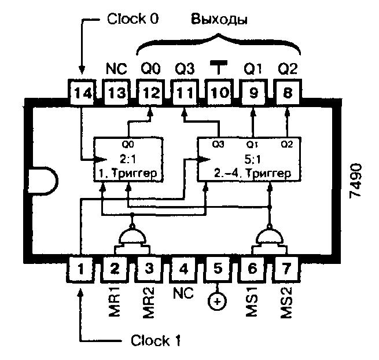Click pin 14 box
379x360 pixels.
click(82, 92)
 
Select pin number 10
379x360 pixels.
click(219, 92)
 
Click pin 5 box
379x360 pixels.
click(218, 269)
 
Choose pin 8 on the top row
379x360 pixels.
click(288, 92)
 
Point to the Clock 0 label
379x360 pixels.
click(133, 19)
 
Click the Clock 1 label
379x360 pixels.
click(156, 340)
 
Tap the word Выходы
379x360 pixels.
click(219, 20)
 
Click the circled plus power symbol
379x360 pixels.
click(218, 302)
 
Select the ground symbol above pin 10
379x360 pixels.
click(219, 67)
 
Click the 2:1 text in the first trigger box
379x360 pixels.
click(128, 159)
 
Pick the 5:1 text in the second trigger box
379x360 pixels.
click(253, 159)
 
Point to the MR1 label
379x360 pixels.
click(115, 302)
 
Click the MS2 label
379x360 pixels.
click(286, 303)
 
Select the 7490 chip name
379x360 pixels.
click(355, 181)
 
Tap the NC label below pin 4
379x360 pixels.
click(183, 293)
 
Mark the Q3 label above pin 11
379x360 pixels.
click(185, 69)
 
